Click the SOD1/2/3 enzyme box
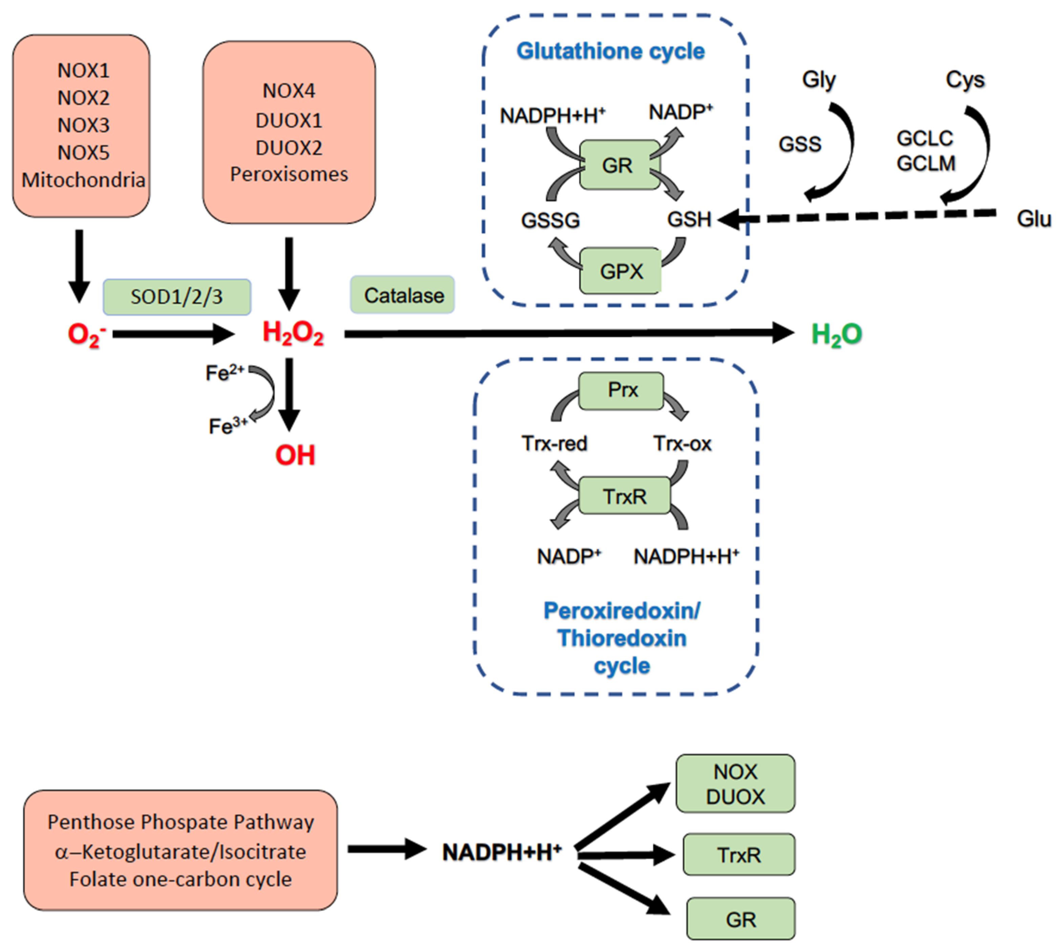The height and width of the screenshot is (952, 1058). pos(177,297)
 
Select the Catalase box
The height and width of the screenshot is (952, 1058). pos(402,295)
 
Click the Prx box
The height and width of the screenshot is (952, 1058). pos(621,390)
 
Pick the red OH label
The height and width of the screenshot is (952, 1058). pos(295,455)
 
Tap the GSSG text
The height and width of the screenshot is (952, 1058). pos(550,220)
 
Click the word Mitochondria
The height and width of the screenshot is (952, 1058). pos(83,180)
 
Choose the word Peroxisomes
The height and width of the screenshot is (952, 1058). pos(289,174)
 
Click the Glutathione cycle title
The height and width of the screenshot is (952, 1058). pos(610,51)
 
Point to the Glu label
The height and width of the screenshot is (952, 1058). pos(1033,219)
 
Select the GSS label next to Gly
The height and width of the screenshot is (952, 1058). pos(800,144)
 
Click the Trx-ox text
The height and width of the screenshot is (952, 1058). pos(682,444)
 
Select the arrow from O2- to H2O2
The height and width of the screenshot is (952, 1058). pos(173,334)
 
